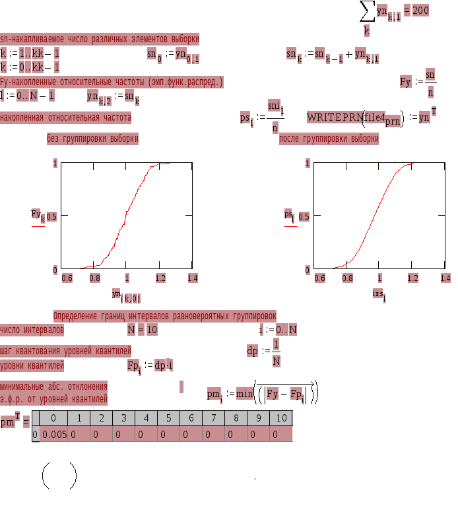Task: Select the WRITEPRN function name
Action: point(335,117)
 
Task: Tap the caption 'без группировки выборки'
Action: point(92,139)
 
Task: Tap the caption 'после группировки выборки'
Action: point(329,139)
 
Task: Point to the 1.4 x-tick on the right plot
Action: point(445,278)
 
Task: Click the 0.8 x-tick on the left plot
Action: point(95,278)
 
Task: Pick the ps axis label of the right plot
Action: point(289,215)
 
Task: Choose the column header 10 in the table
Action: point(281,418)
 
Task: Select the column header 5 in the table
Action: point(168,418)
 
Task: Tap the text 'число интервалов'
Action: point(32,330)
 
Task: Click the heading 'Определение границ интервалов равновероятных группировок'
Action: point(165,317)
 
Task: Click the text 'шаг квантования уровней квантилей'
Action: point(65,351)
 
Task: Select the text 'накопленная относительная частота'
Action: point(65,118)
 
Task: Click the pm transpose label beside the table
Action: point(9,421)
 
